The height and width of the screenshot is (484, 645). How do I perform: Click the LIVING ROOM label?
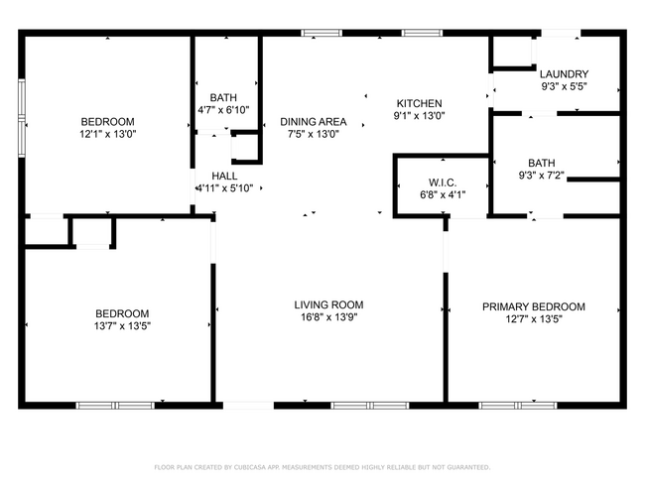pyautogui.click(x=328, y=304)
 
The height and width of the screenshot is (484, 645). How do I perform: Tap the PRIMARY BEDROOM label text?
pyautogui.click(x=533, y=306)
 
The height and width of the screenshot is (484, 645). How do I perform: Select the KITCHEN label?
pyautogui.click(x=419, y=103)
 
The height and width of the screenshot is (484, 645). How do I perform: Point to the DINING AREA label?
pyautogui.click(x=312, y=121)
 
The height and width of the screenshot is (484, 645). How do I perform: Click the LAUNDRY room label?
pyautogui.click(x=564, y=74)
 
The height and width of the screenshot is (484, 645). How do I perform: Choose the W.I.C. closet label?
pyautogui.click(x=442, y=181)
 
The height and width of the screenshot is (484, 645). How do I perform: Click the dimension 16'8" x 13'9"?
pyautogui.click(x=328, y=318)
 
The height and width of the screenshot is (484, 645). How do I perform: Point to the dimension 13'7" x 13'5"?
pyautogui.click(x=122, y=325)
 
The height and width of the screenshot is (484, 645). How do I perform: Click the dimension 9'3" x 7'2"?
pyautogui.click(x=542, y=176)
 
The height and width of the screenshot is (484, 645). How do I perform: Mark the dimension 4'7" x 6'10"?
pyautogui.click(x=223, y=110)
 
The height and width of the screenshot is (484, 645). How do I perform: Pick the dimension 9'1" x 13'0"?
pyautogui.click(x=419, y=115)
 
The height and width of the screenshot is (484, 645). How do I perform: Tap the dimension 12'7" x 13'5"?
pyautogui.click(x=533, y=319)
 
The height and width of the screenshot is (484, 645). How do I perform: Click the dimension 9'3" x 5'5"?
pyautogui.click(x=564, y=87)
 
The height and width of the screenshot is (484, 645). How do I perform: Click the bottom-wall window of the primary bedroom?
pyautogui.click(x=517, y=405)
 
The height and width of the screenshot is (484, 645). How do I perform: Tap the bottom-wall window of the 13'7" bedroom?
pyautogui.click(x=115, y=405)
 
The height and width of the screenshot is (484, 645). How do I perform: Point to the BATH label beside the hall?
pyautogui.click(x=223, y=97)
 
